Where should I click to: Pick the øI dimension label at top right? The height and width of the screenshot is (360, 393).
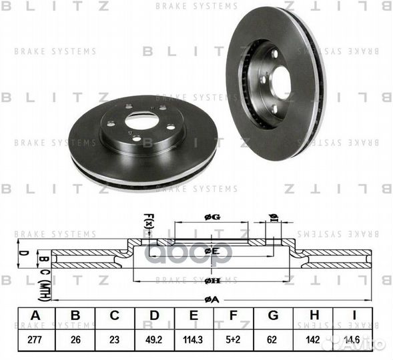pyautogui.click(x=273, y=217)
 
